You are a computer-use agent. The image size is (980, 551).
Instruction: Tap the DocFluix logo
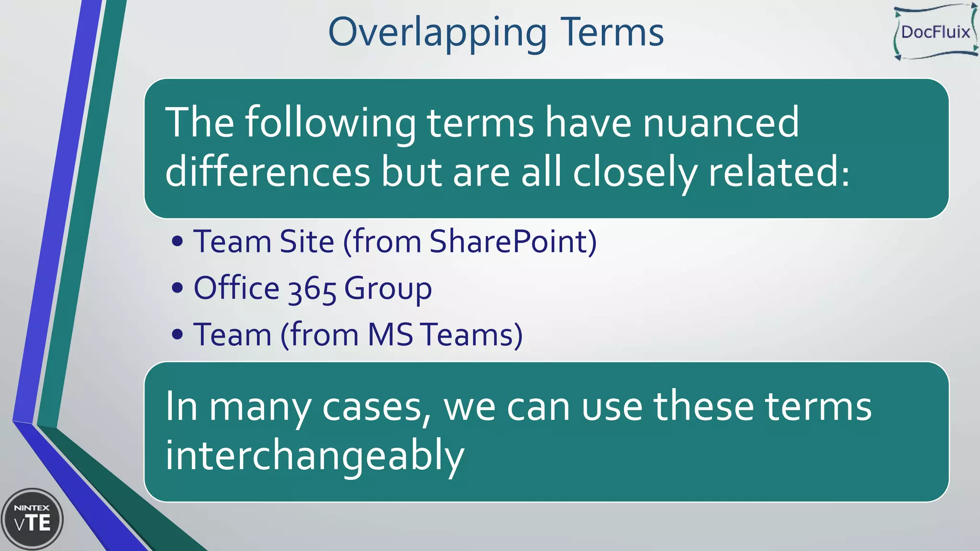935,32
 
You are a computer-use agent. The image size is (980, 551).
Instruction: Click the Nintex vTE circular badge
33,519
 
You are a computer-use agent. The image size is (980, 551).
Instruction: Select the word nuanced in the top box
720,123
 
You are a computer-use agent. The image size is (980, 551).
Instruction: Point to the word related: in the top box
779,172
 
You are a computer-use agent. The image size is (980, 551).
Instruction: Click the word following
330,123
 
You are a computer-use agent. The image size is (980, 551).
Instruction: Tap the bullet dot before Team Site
177,242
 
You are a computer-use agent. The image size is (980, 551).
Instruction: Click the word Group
388,288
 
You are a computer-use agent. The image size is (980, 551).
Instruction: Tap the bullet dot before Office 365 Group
177,288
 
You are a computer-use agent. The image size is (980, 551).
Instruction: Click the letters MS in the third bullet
390,334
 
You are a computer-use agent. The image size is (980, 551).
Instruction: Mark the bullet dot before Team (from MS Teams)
177,334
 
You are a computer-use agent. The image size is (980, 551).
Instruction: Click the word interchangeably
314,456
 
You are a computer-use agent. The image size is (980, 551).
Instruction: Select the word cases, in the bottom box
377,407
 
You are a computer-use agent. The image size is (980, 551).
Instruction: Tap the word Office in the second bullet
236,288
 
